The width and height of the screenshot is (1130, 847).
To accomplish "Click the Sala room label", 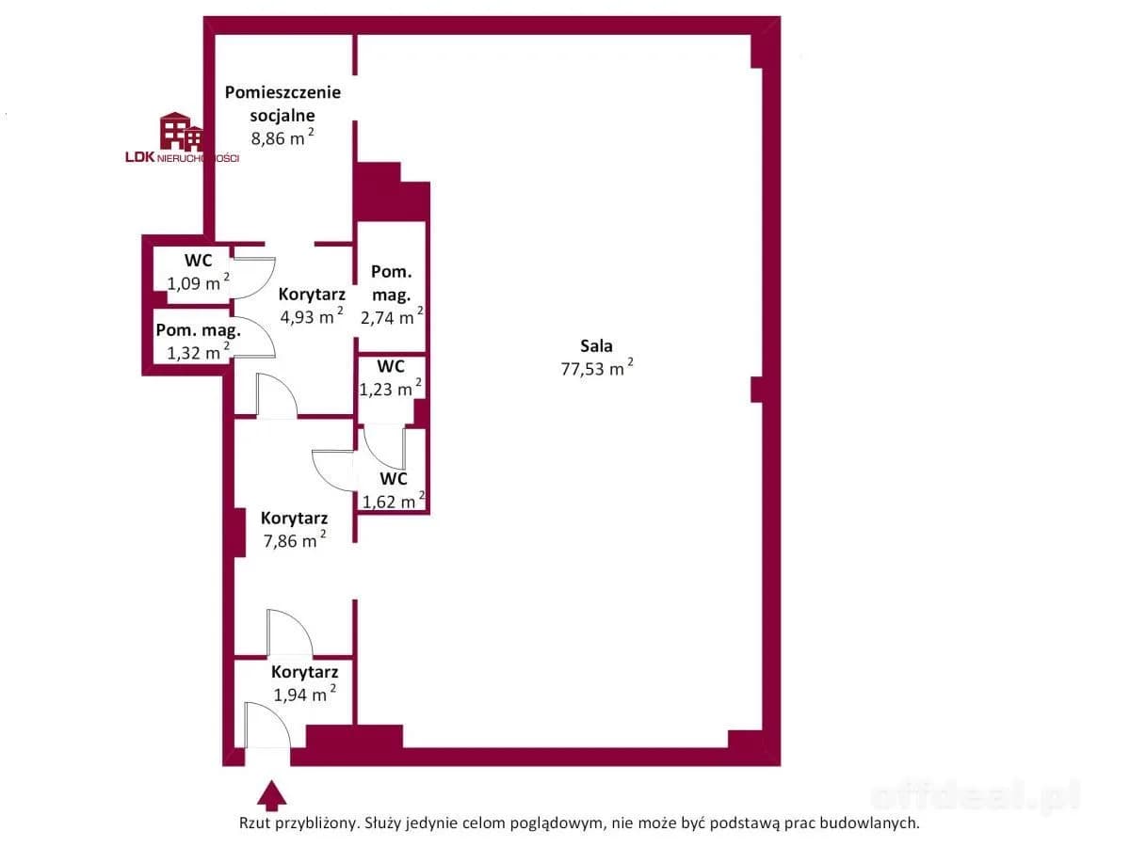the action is tap(596, 346).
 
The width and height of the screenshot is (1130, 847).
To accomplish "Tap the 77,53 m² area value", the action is tap(597, 368).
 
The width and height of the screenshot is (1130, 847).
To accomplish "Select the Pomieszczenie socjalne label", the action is tap(282, 104).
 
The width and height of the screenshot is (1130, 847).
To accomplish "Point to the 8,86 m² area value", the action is tap(282, 137).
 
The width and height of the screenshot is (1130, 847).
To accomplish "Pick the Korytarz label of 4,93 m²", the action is tap(312, 295).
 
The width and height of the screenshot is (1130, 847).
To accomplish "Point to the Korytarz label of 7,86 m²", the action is tap(295, 518).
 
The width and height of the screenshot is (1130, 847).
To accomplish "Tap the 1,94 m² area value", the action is tap(305, 695).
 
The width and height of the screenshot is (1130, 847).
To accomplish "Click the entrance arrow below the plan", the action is tap(272, 796).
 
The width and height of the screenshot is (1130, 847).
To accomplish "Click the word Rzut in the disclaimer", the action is tap(255, 823).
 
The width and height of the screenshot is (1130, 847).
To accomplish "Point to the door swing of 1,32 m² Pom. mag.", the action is tap(254, 337).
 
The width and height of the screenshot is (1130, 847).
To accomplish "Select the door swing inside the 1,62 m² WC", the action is tap(384, 446).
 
